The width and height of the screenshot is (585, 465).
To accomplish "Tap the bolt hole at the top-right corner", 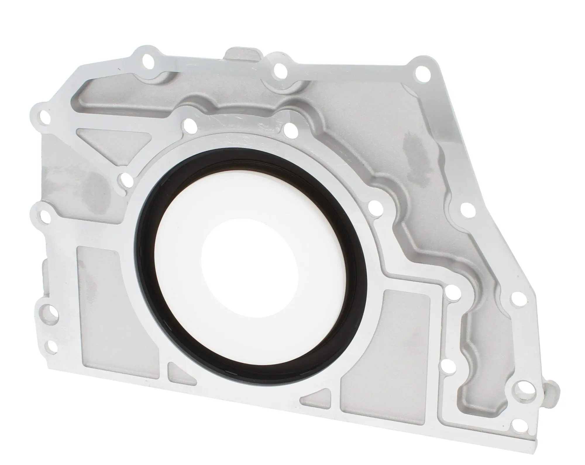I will point(422,71).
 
